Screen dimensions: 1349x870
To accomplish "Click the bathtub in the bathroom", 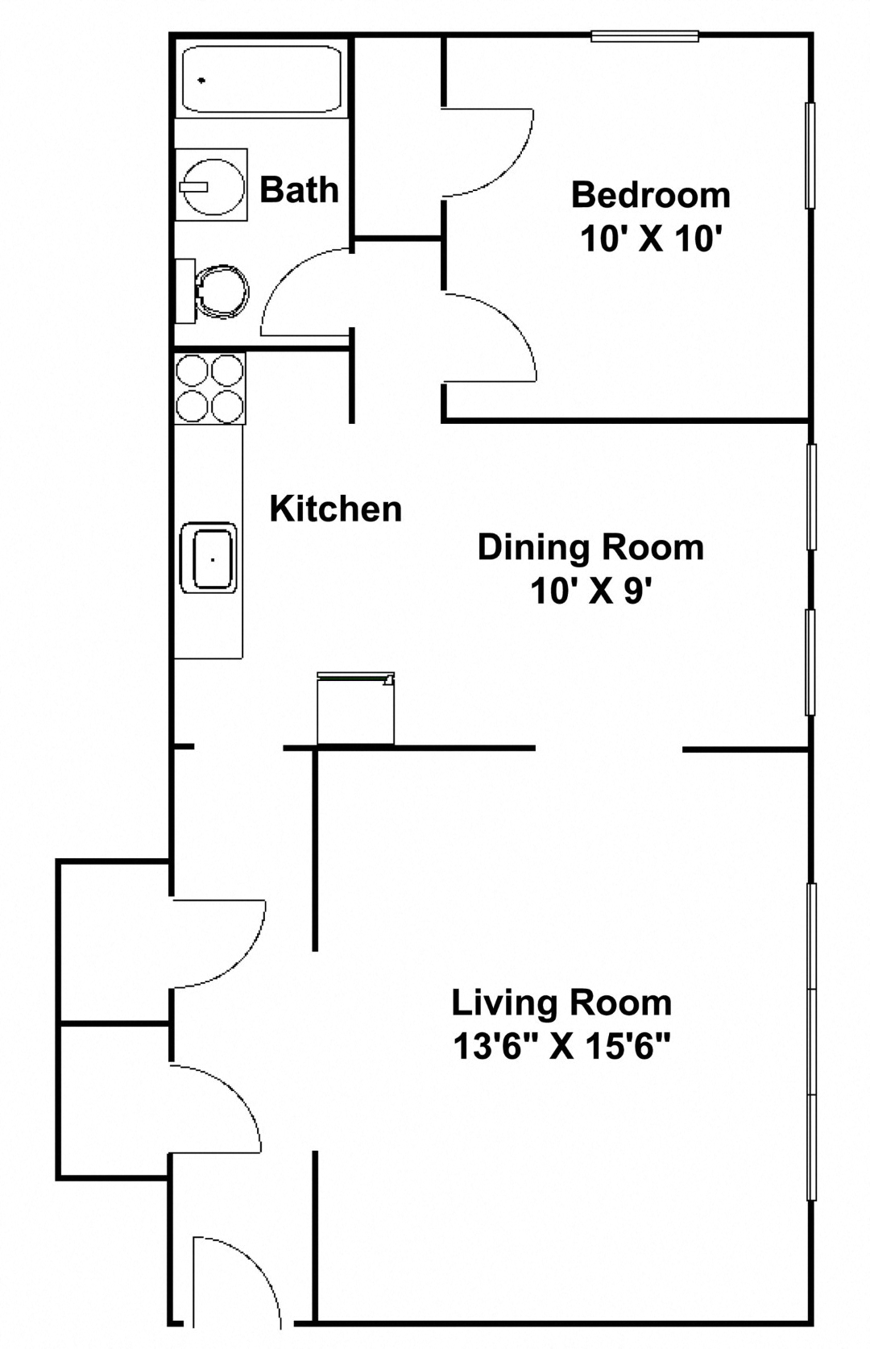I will (x=262, y=79).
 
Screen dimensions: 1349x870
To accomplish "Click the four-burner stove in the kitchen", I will (x=210, y=389).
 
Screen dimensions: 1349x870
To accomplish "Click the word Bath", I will (x=299, y=190).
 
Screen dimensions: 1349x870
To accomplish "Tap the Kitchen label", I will (x=335, y=508).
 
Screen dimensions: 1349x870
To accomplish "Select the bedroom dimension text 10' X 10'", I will (x=649, y=239).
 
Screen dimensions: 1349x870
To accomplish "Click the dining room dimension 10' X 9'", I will (x=590, y=592).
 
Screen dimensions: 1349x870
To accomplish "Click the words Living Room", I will (x=561, y=1003).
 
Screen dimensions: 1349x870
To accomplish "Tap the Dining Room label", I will (x=590, y=547).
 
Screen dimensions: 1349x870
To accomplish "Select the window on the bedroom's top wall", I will (x=644, y=35).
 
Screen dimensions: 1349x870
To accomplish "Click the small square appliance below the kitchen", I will (x=355, y=709).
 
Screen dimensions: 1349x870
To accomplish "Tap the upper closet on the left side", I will (x=113, y=941).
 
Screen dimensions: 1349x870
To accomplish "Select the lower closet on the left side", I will (x=113, y=1101).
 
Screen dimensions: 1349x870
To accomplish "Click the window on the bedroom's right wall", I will (x=811, y=156).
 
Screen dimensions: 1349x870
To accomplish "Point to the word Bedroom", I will (x=651, y=195).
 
